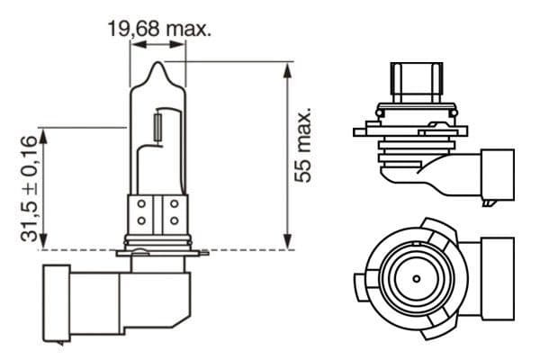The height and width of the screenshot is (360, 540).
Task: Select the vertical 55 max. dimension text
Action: point(305,147)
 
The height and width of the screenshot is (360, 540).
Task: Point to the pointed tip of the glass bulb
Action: point(158,66)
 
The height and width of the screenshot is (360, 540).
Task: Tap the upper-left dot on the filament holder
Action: point(142,205)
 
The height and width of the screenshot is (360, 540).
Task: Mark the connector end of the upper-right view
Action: point(498,175)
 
